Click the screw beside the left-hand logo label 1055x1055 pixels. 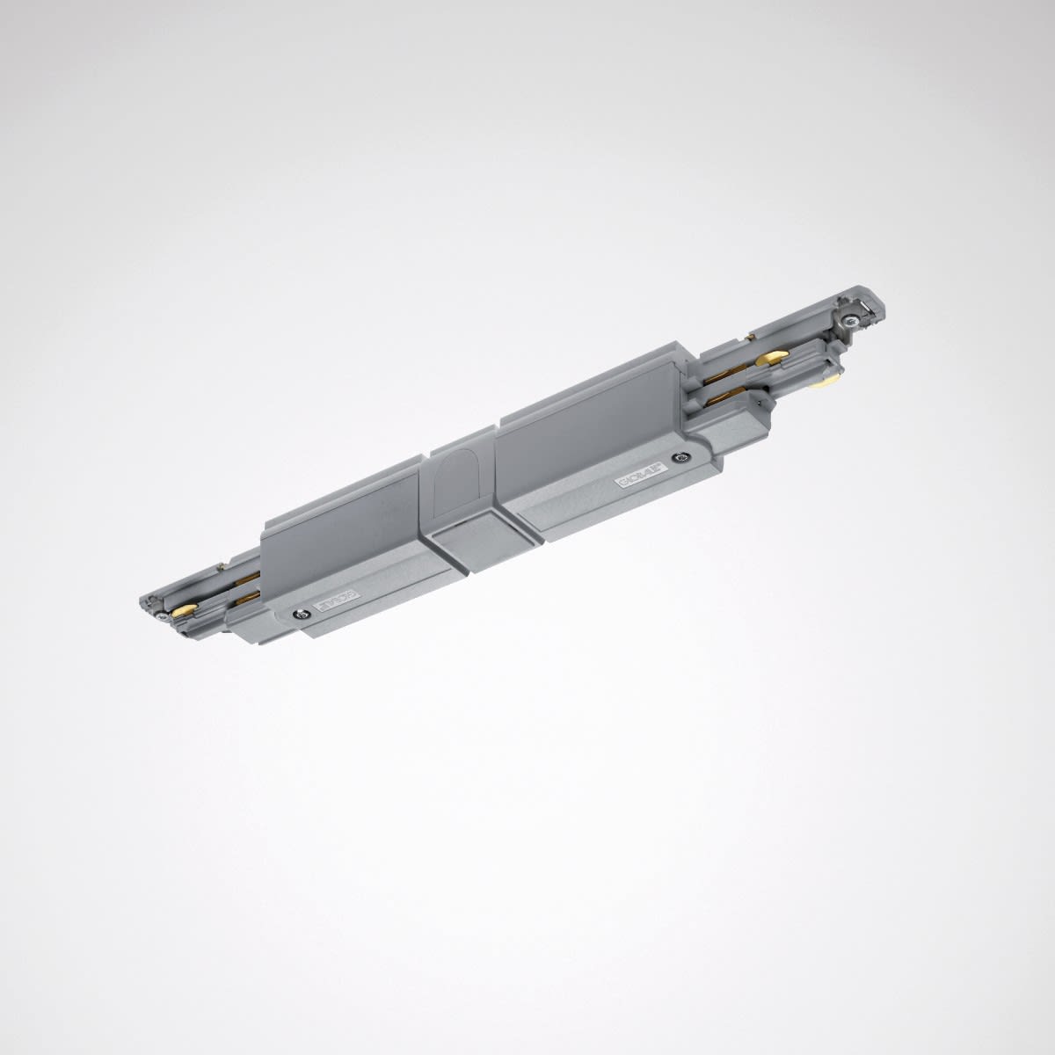pyautogui.click(x=302, y=615)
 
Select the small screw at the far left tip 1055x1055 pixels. pyautogui.click(x=163, y=618)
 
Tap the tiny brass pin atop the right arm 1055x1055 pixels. pyautogui.click(x=750, y=335)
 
